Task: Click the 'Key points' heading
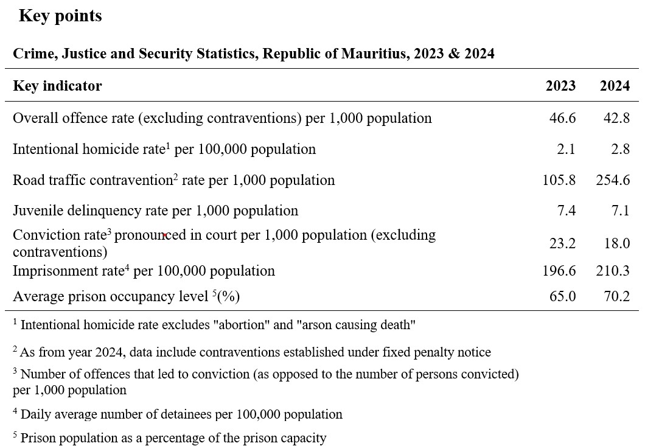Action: pos(60,16)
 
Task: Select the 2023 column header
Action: pos(560,86)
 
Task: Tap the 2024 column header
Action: pos(615,86)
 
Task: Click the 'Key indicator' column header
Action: pos(58,86)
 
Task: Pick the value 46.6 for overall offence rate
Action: pos(562,118)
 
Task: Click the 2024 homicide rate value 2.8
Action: pos(620,149)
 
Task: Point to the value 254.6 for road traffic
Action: pos(613,180)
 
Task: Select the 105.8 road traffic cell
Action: pos(559,180)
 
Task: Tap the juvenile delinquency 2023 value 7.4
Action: pos(566,210)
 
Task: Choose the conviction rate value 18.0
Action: pos(617,243)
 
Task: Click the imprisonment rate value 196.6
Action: pos(559,271)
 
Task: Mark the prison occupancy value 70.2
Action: pos(617,296)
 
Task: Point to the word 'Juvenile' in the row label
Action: pos(38,210)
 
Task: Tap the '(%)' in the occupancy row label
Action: pos(228,296)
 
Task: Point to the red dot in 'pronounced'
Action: pos(165,235)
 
